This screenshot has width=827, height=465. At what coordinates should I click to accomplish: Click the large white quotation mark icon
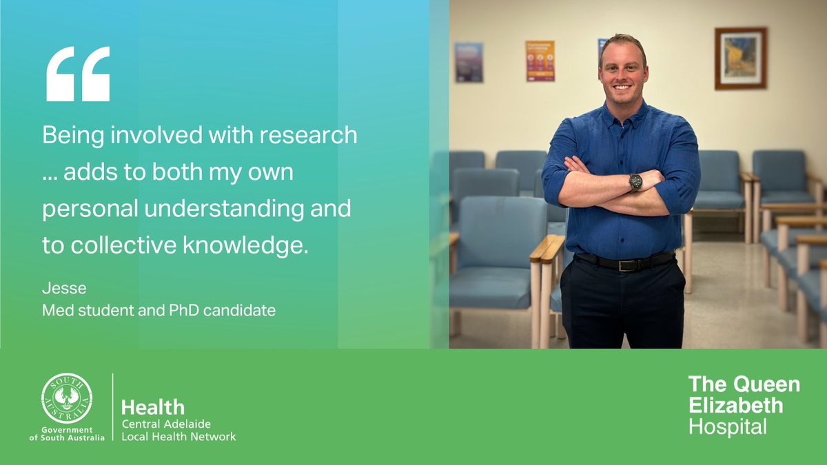[x=77, y=74]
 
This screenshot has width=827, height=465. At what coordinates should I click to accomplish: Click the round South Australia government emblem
[x=67, y=399]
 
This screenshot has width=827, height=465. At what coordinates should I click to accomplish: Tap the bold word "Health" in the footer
[x=153, y=407]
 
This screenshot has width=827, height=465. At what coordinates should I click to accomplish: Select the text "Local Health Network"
[x=178, y=437]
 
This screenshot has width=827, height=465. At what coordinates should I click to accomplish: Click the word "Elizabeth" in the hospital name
[x=736, y=405]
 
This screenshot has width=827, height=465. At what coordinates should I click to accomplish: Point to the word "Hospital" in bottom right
[x=728, y=427]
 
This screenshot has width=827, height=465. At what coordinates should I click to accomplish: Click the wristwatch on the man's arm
[x=635, y=182]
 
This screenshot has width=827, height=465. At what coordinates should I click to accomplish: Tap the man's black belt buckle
[x=627, y=265]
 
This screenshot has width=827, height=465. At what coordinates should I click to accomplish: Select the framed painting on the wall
[x=740, y=59]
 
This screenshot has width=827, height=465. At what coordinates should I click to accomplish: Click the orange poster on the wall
[x=540, y=61]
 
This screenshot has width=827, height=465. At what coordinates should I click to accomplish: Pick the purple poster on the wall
[x=469, y=63]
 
